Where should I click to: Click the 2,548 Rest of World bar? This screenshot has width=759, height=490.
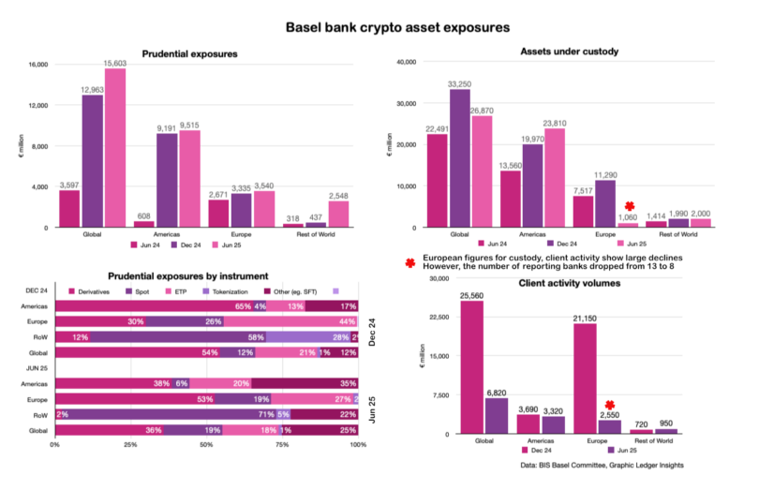pyautogui.click(x=339, y=215)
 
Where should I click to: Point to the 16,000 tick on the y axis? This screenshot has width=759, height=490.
pyautogui.click(x=37, y=65)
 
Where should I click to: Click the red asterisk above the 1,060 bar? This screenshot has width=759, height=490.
pyautogui.click(x=630, y=206)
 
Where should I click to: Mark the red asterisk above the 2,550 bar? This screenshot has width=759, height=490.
pyautogui.click(x=609, y=405)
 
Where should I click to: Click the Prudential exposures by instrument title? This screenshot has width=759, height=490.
pyautogui.click(x=188, y=276)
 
